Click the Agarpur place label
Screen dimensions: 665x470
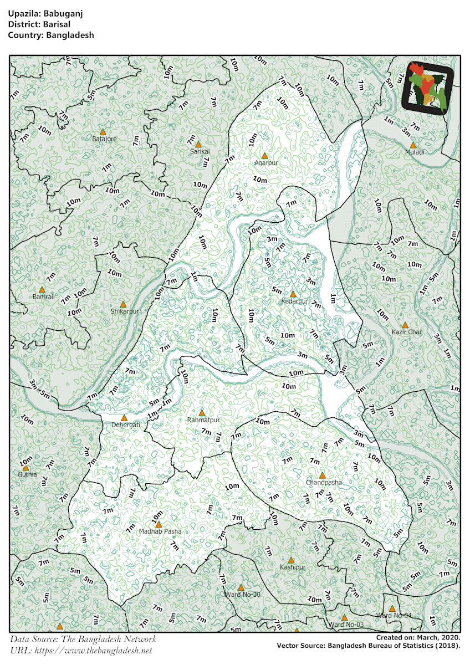pos(265,163)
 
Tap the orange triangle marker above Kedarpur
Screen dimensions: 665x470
pos(293,294)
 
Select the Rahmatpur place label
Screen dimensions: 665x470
pos(201,420)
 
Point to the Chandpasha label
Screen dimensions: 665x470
pos(324,483)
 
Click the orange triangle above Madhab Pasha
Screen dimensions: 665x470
pos(159,524)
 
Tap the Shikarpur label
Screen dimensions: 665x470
pos(124,311)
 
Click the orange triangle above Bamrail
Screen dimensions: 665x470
pos(42,289)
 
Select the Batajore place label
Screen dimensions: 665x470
pos(104,139)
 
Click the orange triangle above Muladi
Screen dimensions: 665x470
pos(413,145)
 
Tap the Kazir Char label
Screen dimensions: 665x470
pos(406,332)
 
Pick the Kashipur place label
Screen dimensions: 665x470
pos(292,567)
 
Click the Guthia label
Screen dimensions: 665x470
pos(27,474)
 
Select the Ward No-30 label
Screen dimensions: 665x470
pos(242,595)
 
